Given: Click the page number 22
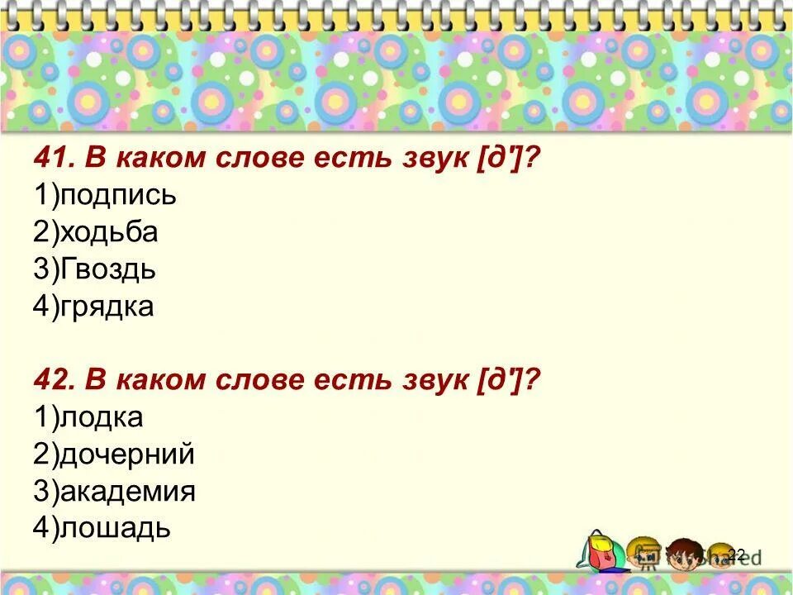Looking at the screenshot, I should pyautogui.click(x=737, y=554).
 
